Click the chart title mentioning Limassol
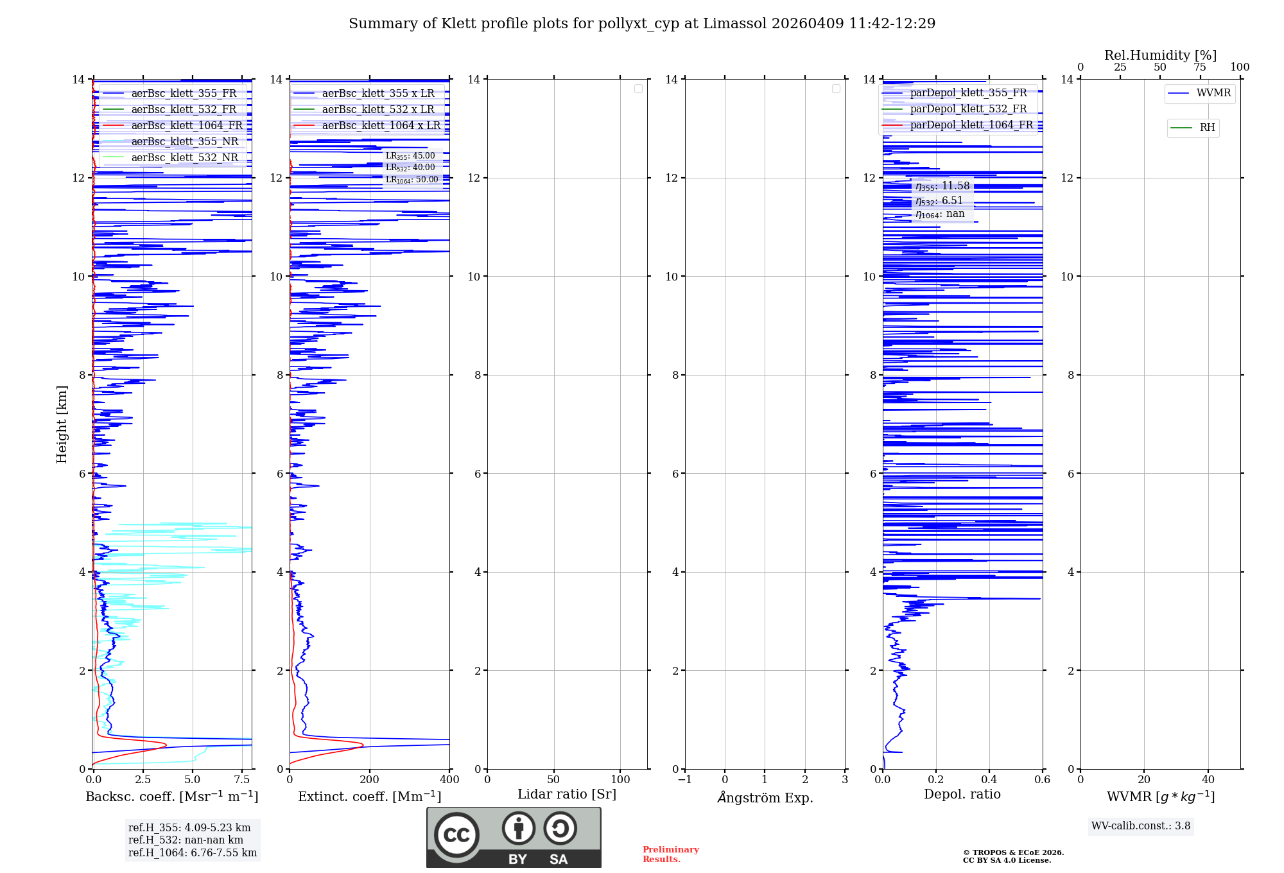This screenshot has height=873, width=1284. click(642, 24)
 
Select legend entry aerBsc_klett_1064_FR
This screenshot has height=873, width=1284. click(187, 126)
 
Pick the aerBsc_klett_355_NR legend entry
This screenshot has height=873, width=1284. click(184, 142)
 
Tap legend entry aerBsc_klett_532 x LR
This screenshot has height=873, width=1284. click(378, 110)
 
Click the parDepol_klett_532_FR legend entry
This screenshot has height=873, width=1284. click(968, 109)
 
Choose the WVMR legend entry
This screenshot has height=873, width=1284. click(1213, 93)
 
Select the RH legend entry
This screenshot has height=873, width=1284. click(1207, 128)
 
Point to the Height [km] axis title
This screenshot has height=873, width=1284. click(62, 424)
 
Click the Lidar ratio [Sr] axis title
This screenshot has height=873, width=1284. click(567, 795)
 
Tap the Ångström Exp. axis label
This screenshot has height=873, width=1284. click(765, 798)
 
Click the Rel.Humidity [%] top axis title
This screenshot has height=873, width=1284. click(1160, 55)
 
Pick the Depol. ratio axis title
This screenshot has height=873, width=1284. click(962, 795)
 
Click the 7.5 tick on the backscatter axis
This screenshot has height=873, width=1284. click(242, 780)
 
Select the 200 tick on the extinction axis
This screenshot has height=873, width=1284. click(370, 780)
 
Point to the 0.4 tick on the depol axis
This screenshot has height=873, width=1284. click(989, 780)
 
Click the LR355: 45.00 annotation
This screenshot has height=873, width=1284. click(410, 156)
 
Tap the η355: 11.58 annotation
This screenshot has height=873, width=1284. click(942, 186)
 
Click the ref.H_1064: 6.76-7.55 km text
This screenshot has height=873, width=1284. click(193, 853)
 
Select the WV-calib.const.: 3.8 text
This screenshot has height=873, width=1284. click(1141, 826)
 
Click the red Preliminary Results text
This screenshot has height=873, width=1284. click(670, 854)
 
